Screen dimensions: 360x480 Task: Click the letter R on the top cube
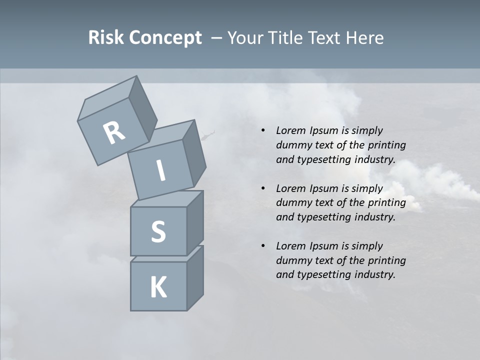coord(114,133)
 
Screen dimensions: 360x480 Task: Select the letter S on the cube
coord(158,231)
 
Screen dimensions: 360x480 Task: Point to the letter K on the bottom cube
coord(158,287)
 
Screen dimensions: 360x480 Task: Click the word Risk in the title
coord(106,37)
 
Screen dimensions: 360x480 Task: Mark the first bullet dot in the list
coord(263,130)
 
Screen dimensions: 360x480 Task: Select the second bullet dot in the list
coord(263,188)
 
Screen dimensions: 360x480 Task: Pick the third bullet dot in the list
coord(263,246)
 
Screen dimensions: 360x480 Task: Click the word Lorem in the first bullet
coord(290,130)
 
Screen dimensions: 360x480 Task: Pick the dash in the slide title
coord(216,37)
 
